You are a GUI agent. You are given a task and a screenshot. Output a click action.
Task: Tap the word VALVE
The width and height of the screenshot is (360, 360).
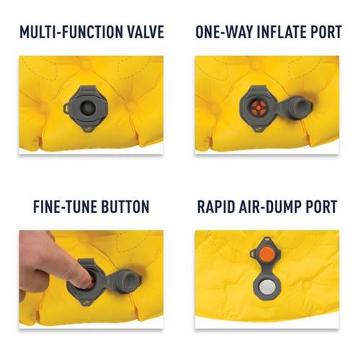pyautogui.click(x=143, y=32)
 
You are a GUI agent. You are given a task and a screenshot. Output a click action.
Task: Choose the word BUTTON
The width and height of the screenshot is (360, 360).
pyautogui.click(x=125, y=207)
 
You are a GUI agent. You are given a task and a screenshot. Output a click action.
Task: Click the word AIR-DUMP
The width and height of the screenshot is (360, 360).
pyautogui.click(x=274, y=207)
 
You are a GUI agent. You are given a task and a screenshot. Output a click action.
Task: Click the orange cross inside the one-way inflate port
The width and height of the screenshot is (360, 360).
pyautogui.click(x=258, y=107)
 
